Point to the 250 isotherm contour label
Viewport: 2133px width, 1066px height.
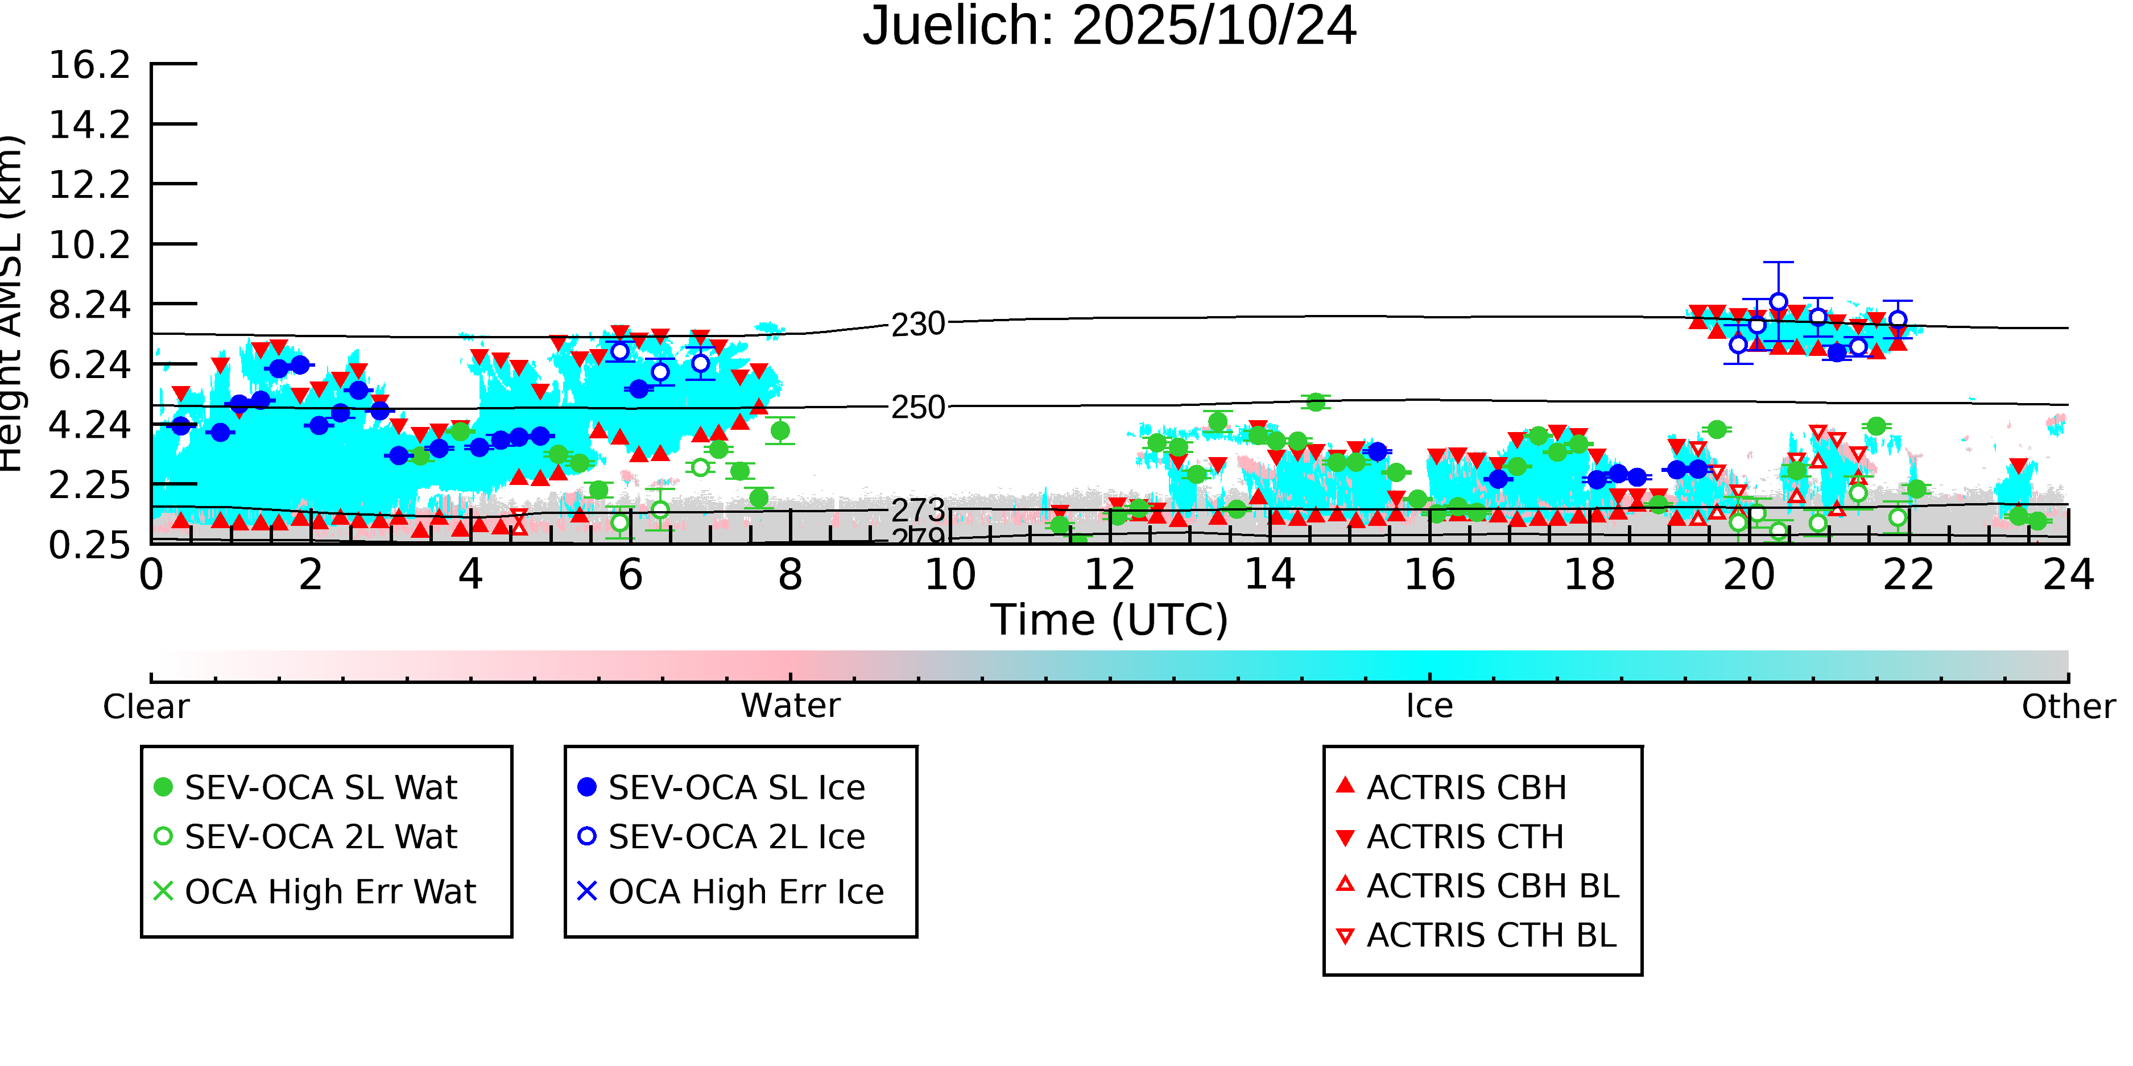917,407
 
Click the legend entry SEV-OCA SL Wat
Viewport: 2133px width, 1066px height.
320,787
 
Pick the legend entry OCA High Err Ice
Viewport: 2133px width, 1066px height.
745,891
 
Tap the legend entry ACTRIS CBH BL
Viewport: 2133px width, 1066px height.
1492,886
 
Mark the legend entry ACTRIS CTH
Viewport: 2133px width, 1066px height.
1465,837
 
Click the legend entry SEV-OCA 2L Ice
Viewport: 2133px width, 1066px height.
736,837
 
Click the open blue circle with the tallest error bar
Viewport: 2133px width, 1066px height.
1777,302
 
